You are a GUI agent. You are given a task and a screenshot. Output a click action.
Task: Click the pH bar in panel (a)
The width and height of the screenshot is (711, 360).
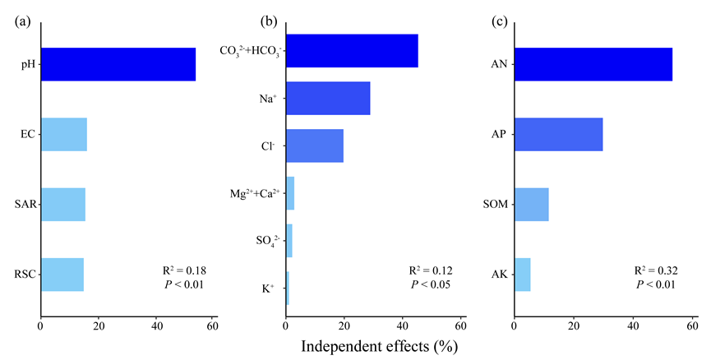click(x=118, y=64)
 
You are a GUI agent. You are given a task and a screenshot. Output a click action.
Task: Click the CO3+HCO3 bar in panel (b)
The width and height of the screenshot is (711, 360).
click(x=351, y=50)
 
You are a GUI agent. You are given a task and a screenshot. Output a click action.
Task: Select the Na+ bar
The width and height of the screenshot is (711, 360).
click(x=327, y=99)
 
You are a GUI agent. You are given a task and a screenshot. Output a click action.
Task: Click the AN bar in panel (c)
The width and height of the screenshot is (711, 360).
click(x=593, y=64)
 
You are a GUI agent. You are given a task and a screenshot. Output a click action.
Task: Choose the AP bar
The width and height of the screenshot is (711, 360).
click(x=558, y=134)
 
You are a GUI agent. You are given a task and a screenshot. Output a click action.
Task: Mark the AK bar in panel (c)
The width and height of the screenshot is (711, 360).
click(x=522, y=275)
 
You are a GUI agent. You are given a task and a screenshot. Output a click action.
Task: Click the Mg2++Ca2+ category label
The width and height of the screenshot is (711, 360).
click(x=256, y=193)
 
